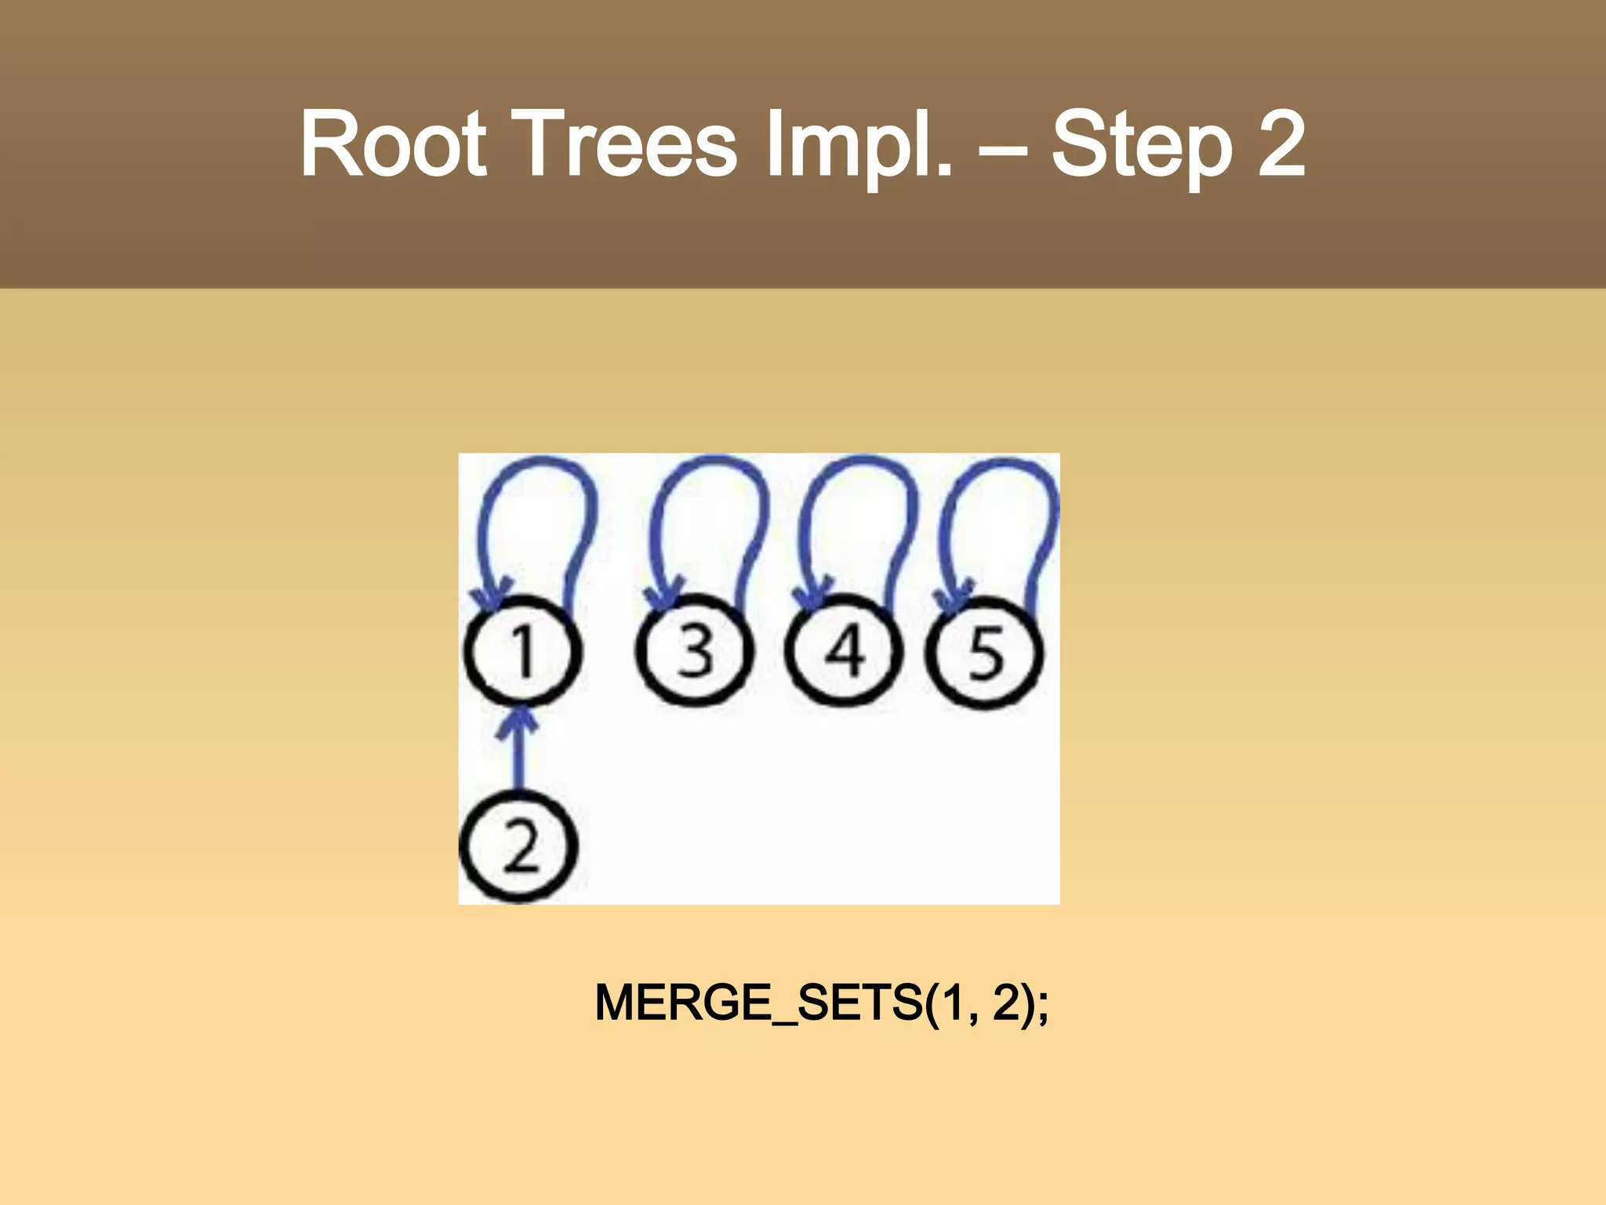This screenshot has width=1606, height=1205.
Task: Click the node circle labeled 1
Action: (x=523, y=651)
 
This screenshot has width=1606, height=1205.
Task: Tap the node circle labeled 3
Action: (x=694, y=651)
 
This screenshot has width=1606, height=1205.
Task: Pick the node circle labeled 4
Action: (x=843, y=651)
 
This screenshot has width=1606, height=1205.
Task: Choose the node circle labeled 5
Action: (x=985, y=653)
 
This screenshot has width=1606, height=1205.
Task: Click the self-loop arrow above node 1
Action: (x=538, y=471)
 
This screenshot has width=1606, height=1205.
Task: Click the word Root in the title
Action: (x=394, y=145)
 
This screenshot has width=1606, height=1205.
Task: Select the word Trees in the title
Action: (x=627, y=145)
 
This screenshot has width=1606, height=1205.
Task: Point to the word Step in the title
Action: (x=1141, y=145)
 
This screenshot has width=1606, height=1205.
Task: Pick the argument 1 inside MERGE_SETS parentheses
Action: (x=952, y=1003)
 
